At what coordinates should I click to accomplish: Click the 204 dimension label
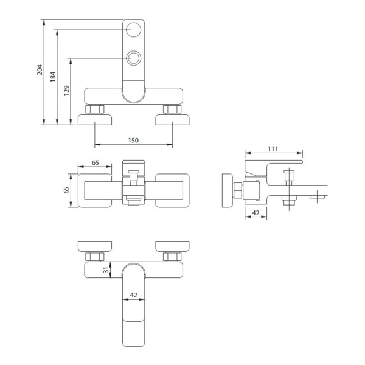(x=40, y=69)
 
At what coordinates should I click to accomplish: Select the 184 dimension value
(x=53, y=77)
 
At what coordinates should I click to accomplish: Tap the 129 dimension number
(x=66, y=91)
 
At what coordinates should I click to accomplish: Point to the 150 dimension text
(x=133, y=140)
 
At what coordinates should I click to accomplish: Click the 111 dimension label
(x=273, y=148)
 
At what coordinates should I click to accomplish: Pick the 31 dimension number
(x=106, y=269)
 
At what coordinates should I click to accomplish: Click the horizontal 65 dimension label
(x=96, y=162)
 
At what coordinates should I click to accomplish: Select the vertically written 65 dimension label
(x=66, y=190)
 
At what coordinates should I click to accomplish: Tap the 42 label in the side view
(x=255, y=213)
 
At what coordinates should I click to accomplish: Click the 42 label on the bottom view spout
(x=134, y=295)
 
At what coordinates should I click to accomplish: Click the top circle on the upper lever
(x=133, y=30)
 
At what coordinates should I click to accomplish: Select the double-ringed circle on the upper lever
(x=134, y=58)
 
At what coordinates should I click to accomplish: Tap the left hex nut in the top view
(x=94, y=109)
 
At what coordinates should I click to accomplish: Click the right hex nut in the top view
(x=172, y=109)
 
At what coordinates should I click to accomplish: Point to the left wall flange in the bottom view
(x=95, y=246)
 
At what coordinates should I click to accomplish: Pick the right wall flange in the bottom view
(x=172, y=246)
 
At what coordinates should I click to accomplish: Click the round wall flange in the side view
(x=228, y=190)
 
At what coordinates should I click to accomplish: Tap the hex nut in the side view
(x=238, y=190)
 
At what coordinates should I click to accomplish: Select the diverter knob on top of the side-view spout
(x=289, y=178)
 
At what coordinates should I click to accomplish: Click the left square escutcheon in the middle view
(x=95, y=190)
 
